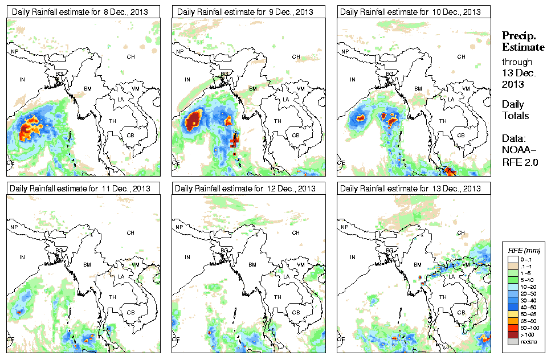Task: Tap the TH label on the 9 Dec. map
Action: click(277, 121)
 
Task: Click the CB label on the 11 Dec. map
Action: click(130, 312)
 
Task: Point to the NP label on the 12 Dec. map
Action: click(179, 227)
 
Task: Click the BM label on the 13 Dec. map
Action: click(418, 265)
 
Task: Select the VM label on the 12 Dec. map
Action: click(300, 265)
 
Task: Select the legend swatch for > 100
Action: click(512, 335)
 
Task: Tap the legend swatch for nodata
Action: click(512, 342)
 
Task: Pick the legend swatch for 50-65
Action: click(512, 313)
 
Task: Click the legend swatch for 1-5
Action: click(512, 272)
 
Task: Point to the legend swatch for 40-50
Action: click(512, 306)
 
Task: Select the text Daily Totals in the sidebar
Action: click(515, 110)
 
